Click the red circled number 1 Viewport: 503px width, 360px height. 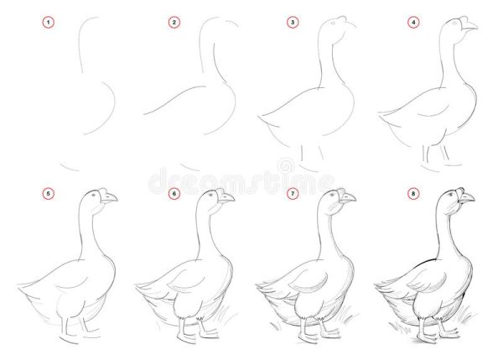pyautogui.click(x=49, y=23)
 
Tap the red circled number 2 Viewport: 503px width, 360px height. pyautogui.click(x=174, y=23)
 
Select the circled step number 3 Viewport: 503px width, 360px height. pyautogui.click(x=293, y=23)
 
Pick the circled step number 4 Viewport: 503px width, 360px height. pyautogui.click(x=413, y=23)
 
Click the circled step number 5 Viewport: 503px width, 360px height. pyautogui.click(x=49, y=194)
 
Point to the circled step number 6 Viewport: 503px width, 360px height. pyautogui.click(x=174, y=194)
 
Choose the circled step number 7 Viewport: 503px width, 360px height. pyautogui.click(x=293, y=194)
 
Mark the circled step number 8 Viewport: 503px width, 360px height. pyautogui.click(x=413, y=194)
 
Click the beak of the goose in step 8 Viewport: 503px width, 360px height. pyautogui.click(x=467, y=198)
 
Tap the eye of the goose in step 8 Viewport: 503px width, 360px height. pyautogui.click(x=452, y=194)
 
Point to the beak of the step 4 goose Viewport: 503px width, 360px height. pyautogui.click(x=469, y=27)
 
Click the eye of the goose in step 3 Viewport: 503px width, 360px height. pyautogui.click(x=333, y=23)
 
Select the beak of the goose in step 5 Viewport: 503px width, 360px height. pyautogui.click(x=109, y=198)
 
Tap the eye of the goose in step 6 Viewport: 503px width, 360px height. pyautogui.click(x=211, y=195)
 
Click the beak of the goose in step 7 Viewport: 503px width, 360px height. pyautogui.click(x=347, y=198)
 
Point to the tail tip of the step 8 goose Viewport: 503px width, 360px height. pyautogui.click(x=376, y=284)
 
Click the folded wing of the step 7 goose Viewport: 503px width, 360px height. pyautogui.click(x=309, y=280)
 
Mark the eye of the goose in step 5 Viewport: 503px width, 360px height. pyautogui.click(x=94, y=195)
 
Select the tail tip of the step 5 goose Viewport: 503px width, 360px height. pyautogui.click(x=19, y=284)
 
